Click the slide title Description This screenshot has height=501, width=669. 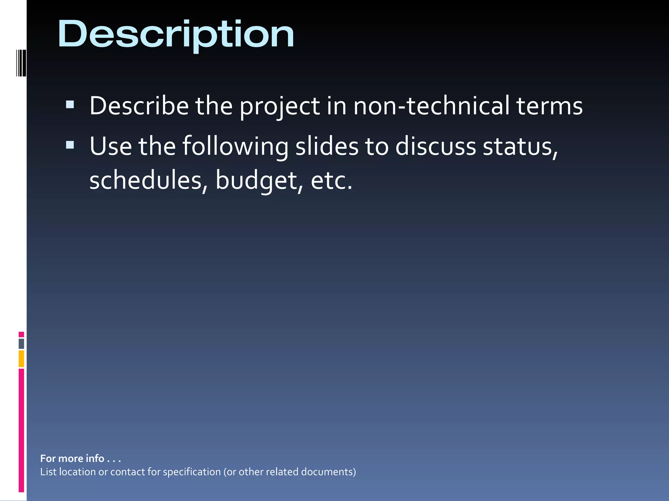(176, 34)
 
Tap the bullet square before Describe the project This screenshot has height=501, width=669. (70, 104)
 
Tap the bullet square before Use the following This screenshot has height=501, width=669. (70, 144)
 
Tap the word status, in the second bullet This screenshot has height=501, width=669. (520, 147)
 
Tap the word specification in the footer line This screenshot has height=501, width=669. (192, 472)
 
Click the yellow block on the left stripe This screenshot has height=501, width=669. (21, 358)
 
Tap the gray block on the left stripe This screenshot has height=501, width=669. (21, 343)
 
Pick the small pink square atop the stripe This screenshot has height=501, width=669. (21, 334)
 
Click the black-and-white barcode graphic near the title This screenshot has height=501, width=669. (21, 63)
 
